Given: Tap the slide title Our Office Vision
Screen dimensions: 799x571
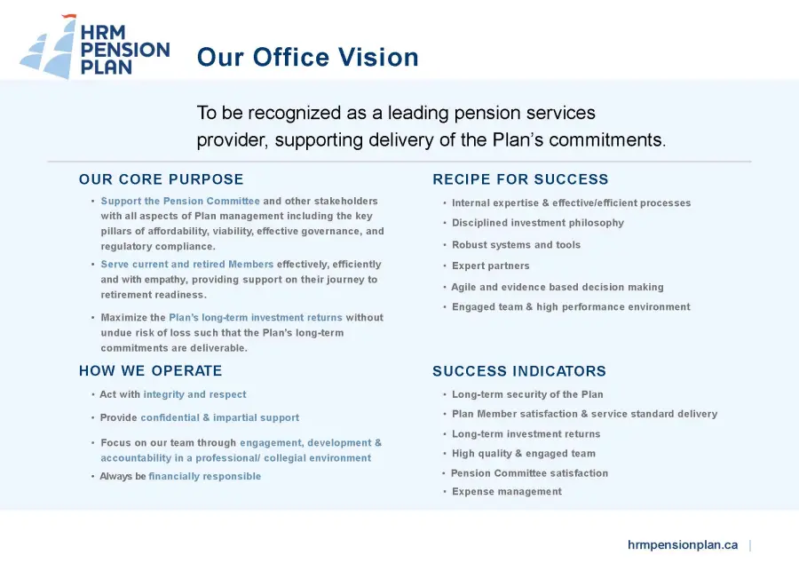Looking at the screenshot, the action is (x=308, y=57).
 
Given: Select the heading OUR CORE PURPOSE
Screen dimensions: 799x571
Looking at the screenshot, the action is (x=161, y=179).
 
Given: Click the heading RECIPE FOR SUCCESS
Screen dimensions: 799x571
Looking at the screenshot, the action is (x=520, y=179).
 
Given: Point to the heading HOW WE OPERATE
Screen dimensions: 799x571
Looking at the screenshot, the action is (x=150, y=370).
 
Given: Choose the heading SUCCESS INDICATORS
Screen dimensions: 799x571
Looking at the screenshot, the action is (x=519, y=371).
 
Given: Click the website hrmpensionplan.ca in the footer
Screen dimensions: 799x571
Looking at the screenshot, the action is (x=683, y=545).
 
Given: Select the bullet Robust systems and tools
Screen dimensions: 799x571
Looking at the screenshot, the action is (x=516, y=245).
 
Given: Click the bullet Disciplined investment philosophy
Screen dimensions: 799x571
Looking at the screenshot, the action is (x=538, y=223).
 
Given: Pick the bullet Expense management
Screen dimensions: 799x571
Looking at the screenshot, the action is (x=507, y=491).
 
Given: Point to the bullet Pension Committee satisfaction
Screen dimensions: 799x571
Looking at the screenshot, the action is (x=529, y=473).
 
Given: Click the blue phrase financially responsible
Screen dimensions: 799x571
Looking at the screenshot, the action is (x=205, y=476).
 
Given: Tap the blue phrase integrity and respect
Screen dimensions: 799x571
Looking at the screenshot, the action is (x=194, y=394).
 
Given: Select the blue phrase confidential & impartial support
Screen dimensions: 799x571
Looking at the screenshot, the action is (x=219, y=417).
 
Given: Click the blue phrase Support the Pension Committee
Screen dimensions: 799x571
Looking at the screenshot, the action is (x=180, y=201).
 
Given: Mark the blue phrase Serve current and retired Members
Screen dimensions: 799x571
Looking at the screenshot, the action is (x=187, y=264).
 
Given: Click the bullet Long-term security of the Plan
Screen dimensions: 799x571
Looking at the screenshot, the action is (x=527, y=394).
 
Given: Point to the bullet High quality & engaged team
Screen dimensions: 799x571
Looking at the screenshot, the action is (x=523, y=453).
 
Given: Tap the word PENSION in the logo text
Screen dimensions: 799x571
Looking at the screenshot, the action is (x=125, y=50).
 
